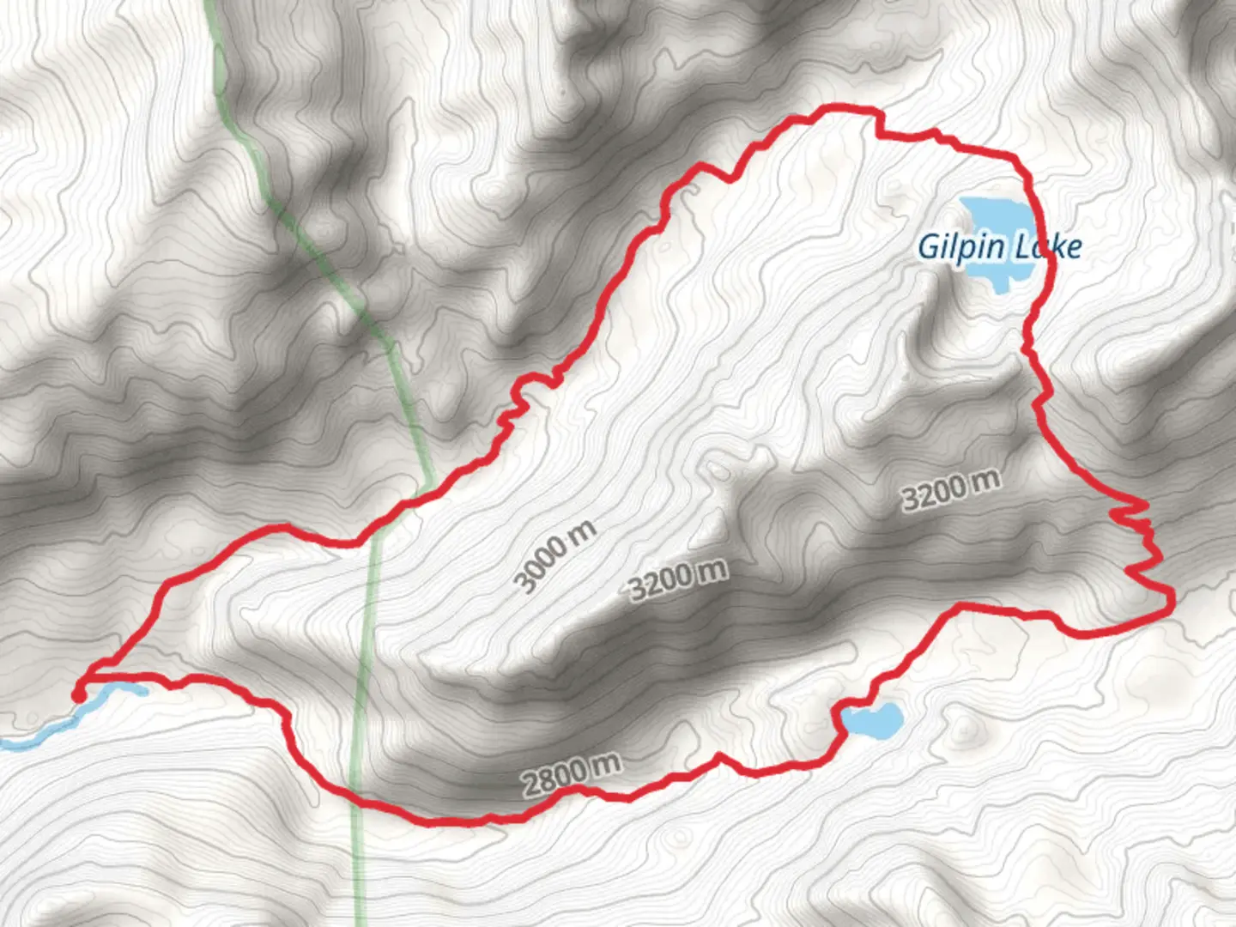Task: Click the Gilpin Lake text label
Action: pos(999,247)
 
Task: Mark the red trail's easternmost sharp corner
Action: pos(1172,599)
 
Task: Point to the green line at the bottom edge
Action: pos(360,918)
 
